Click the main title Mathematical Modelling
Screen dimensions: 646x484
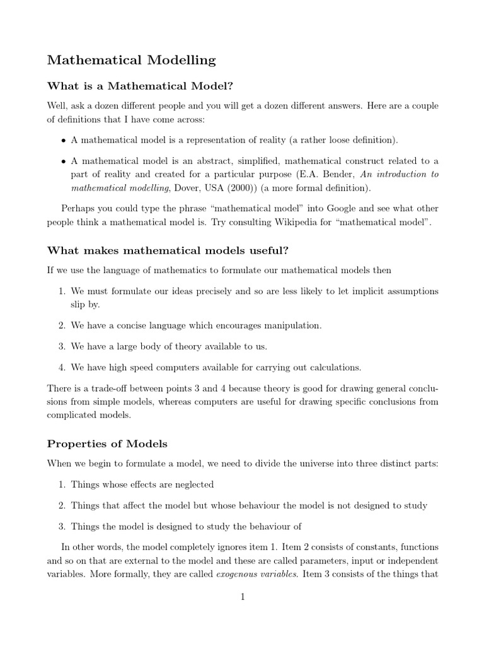pos(131,61)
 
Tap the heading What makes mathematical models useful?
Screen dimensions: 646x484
pos(168,250)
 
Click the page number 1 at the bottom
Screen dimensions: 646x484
pos(242,597)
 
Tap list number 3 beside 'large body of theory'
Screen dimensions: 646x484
pos(62,346)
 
